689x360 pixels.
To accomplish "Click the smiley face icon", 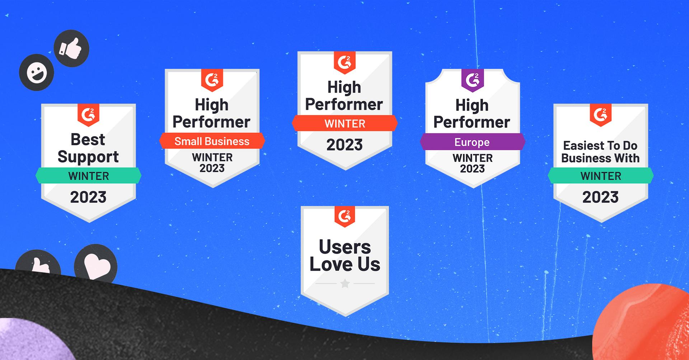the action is [x=36, y=73].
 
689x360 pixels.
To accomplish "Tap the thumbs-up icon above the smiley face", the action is [x=71, y=48].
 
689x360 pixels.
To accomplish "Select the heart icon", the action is [x=96, y=264].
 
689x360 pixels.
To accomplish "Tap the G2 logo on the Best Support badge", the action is [x=88, y=115].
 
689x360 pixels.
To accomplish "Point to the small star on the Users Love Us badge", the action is [x=345, y=284].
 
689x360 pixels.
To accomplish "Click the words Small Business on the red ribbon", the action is [x=212, y=141].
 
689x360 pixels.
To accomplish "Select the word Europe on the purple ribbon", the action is [x=472, y=142].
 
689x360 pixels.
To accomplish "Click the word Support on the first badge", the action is [x=88, y=157].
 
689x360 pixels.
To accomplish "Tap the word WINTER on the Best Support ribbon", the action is [x=89, y=176].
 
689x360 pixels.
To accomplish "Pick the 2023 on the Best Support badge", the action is [x=88, y=197].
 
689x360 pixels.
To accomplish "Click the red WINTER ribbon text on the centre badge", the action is [x=345, y=124].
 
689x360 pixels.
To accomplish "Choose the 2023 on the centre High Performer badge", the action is [x=344, y=145].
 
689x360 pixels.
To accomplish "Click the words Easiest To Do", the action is [x=600, y=146].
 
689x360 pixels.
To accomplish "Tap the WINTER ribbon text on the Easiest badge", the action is [x=601, y=176].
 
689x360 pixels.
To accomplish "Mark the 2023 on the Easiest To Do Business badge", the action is [x=600, y=197].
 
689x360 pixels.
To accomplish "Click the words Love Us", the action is [x=345, y=265].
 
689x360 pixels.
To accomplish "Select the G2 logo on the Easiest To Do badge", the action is [x=601, y=115].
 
